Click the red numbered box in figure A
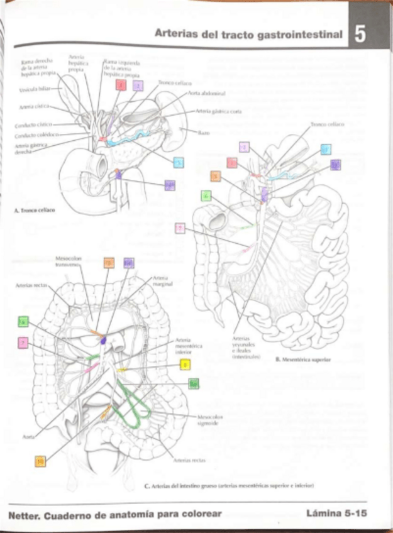point(120,85)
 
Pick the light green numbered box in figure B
point(206,195)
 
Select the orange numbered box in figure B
point(216,177)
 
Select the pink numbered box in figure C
point(23,343)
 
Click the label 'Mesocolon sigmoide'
point(207,420)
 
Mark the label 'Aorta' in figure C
point(28,435)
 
